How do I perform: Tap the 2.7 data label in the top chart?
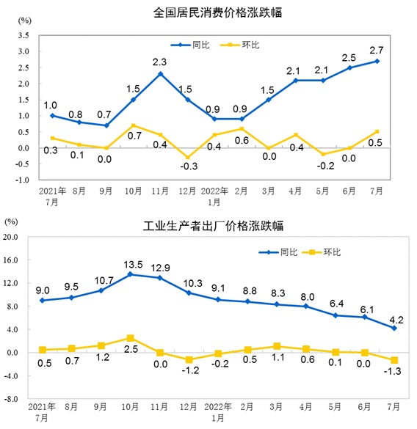pos(377,50)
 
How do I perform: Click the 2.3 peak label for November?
pos(160,62)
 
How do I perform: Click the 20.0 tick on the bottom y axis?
pos(12,238)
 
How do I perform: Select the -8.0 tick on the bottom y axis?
pos(12,400)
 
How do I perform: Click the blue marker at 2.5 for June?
pos(350,67)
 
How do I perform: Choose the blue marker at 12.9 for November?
pos(160,278)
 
